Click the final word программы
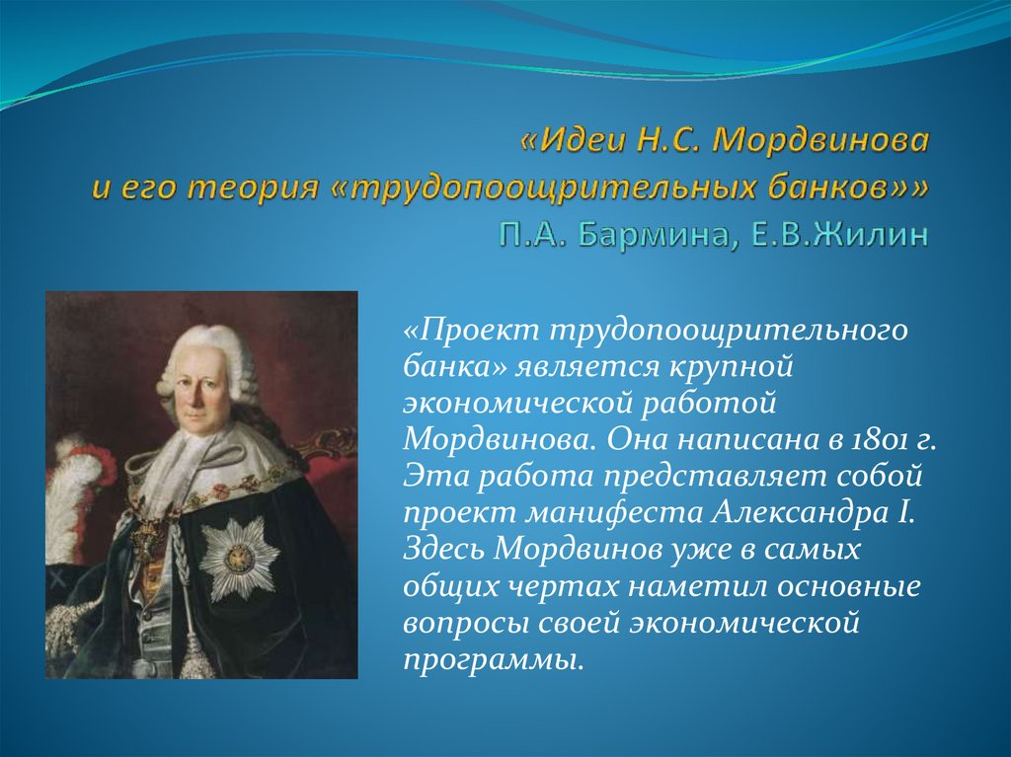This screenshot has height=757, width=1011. coord(490,659)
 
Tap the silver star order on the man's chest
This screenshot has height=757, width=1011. coord(239,556)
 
